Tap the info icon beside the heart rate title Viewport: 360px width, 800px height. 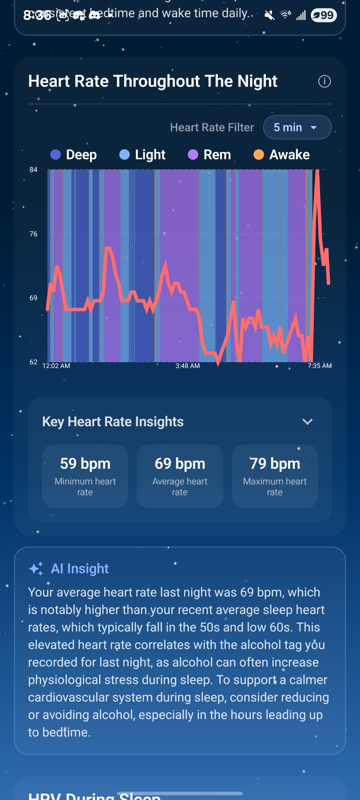pos(324,81)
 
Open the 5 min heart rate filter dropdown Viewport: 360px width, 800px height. pos(297,127)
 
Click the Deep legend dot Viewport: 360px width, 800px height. pos(55,155)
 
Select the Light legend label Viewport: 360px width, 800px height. pos(150,155)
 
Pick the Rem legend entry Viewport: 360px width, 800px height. pos(217,155)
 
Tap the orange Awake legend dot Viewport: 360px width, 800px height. pos(259,155)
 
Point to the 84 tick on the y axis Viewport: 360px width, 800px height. pos(33,170)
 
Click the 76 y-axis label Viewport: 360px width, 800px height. pos(33,234)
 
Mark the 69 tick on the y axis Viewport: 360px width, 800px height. pos(33,298)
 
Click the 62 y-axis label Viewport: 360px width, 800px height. pos(33,362)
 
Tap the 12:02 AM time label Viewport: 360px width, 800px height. pos(56,366)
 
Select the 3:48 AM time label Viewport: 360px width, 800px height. pos(187,366)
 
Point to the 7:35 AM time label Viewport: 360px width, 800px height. pos(320,366)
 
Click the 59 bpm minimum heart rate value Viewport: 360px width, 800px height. pos(85,464)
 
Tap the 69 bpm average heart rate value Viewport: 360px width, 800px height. pos(180,464)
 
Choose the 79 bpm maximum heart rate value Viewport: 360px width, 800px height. pos(275,464)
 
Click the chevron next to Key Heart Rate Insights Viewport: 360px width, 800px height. pos(307,422)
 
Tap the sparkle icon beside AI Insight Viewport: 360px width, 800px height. pos(36,569)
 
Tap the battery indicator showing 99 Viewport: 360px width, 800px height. pos(324,15)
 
